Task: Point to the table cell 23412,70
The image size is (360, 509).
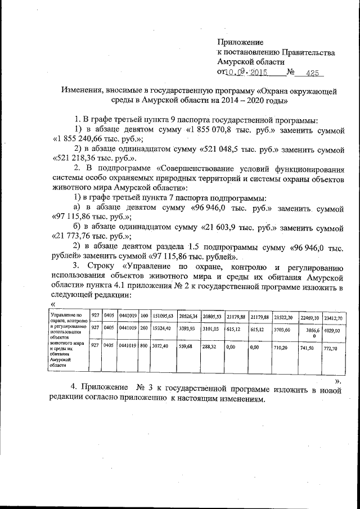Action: coord(333,318)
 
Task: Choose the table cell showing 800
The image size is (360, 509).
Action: coord(144,348)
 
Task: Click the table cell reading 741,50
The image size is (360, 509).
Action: coord(308,348)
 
